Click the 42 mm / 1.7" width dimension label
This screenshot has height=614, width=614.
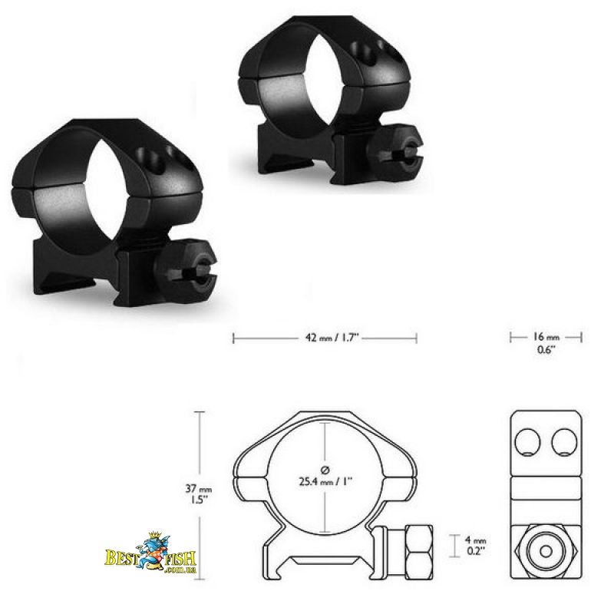(332, 338)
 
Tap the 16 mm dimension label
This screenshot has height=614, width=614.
(546, 336)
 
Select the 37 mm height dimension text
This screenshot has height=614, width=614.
(199, 489)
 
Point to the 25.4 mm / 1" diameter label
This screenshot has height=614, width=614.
(325, 481)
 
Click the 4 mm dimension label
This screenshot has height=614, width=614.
(475, 540)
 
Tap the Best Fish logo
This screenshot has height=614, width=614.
(150, 553)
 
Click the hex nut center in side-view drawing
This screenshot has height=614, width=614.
(546, 551)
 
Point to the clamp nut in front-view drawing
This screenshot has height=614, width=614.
(419, 552)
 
